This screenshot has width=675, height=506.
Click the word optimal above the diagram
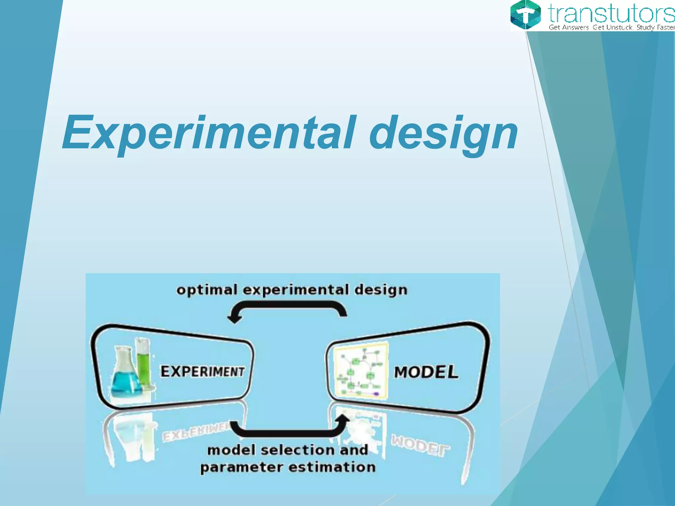[207, 290]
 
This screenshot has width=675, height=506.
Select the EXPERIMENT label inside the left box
[202, 372]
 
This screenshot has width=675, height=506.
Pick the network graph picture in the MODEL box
[361, 371]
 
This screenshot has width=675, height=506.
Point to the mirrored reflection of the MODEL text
[420, 445]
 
